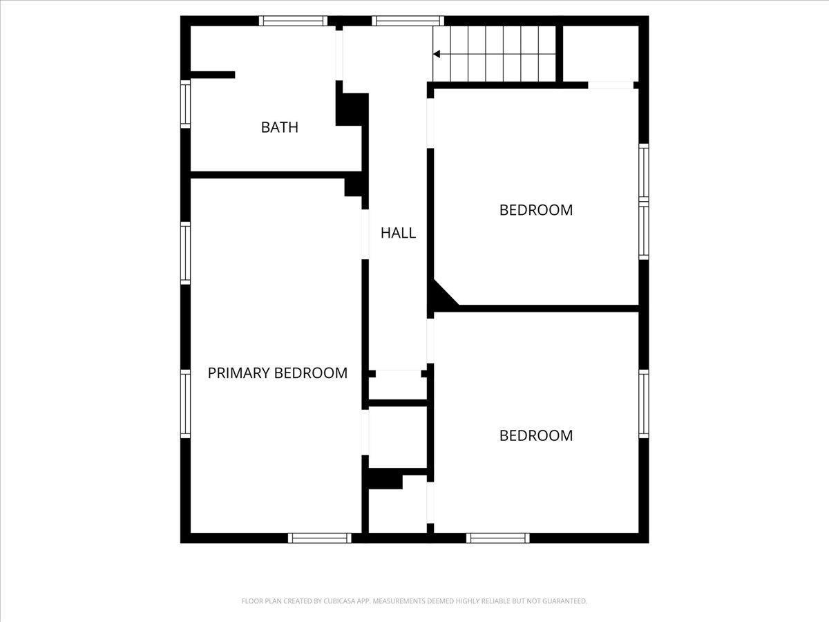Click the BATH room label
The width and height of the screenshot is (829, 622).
280,127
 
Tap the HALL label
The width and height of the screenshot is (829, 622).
399,233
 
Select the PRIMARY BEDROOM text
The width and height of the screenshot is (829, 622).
278,373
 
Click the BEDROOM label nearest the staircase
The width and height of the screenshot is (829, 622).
536,210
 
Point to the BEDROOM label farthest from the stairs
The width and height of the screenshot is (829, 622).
536,435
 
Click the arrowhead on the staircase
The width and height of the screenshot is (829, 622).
437,54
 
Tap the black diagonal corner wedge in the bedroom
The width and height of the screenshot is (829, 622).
439,297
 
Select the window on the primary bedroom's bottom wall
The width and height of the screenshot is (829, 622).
320,538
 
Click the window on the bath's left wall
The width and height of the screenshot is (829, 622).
185,104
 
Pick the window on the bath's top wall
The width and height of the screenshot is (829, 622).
293,21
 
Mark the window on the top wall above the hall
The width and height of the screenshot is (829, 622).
408,21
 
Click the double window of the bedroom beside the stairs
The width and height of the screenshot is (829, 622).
643,201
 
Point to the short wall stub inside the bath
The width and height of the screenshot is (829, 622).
212,75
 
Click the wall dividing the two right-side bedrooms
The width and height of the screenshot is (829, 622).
546,308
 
